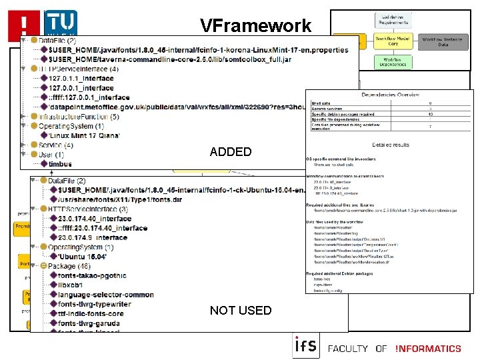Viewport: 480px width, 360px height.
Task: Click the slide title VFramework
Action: pyautogui.click(x=256, y=26)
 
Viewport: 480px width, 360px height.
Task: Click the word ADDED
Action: pyautogui.click(x=231, y=152)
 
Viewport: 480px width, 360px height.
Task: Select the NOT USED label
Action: pyautogui.click(x=241, y=310)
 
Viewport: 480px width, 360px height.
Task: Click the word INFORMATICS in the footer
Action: pyautogui.click(x=428, y=348)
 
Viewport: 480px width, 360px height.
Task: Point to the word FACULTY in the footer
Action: pyautogui.click(x=349, y=348)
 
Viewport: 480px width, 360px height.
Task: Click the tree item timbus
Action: pyautogui.click(x=60, y=163)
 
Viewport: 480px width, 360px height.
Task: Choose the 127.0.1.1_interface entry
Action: pyautogui.click(x=81, y=78)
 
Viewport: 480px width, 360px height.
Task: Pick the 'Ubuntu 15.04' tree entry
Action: pyautogui.click(x=83, y=256)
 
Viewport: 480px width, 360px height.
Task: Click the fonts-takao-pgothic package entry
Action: pyautogui.click(x=92, y=275)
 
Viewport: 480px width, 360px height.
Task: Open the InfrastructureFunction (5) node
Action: pyautogui.click(x=79, y=117)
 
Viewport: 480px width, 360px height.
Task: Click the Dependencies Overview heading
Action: pyautogui.click(x=390, y=95)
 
